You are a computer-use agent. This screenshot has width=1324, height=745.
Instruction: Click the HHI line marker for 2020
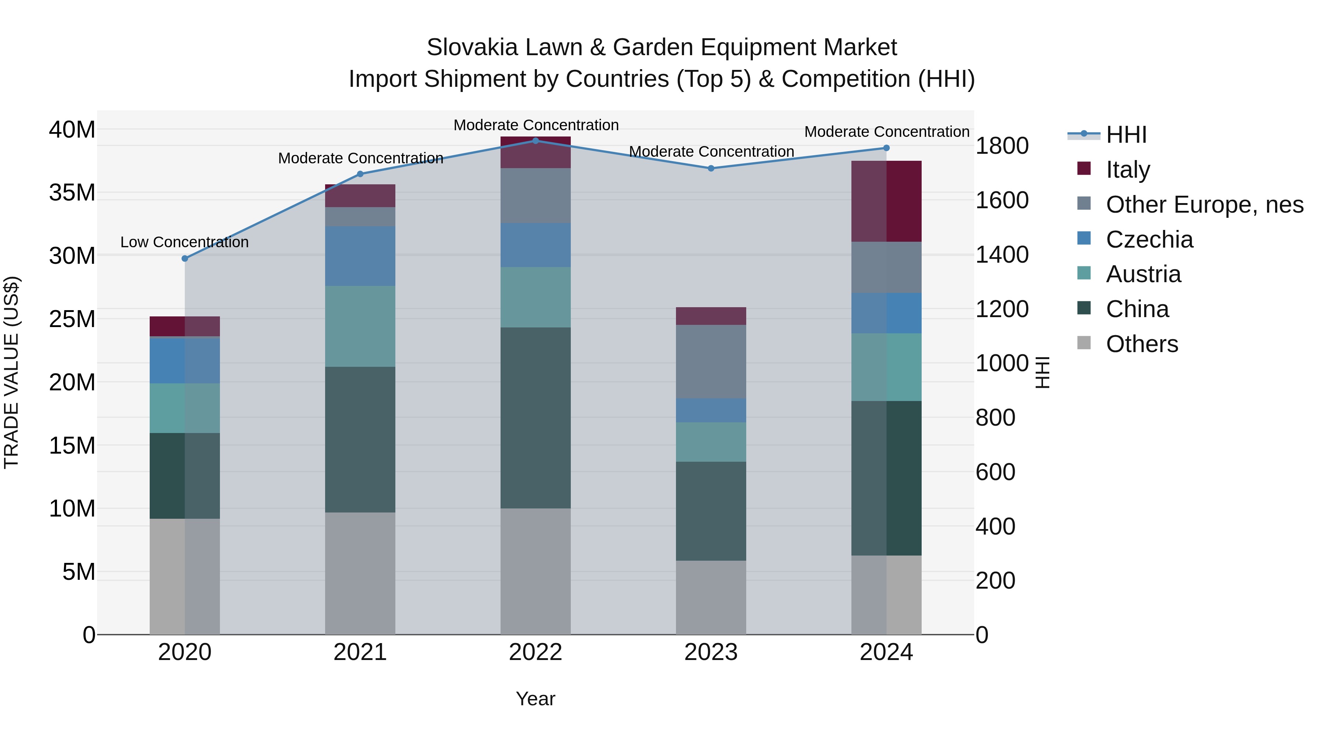pyautogui.click(x=185, y=259)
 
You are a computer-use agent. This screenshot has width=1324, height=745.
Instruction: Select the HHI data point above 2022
pyautogui.click(x=535, y=141)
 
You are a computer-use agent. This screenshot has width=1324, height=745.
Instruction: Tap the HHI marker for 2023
pyautogui.click(x=711, y=168)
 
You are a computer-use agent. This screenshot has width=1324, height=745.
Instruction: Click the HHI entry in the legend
pyautogui.click(x=1126, y=135)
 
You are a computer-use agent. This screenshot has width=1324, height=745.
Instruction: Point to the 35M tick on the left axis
pyautogui.click(x=72, y=193)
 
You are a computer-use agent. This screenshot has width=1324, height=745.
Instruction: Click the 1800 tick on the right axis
pyautogui.click(x=1002, y=146)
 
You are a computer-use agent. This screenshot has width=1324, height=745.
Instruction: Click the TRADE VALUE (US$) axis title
pyautogui.click(x=11, y=372)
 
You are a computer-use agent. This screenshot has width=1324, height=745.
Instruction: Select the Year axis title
pyautogui.click(x=535, y=699)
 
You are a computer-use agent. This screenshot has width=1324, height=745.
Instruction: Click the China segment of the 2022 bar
pyautogui.click(x=535, y=418)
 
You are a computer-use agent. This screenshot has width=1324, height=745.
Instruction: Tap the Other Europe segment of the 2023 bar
pyautogui.click(x=711, y=361)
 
